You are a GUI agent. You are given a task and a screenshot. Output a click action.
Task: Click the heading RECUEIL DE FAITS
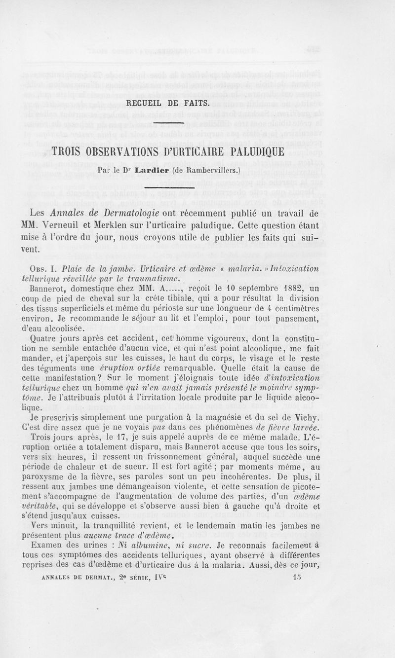coord(169,103)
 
